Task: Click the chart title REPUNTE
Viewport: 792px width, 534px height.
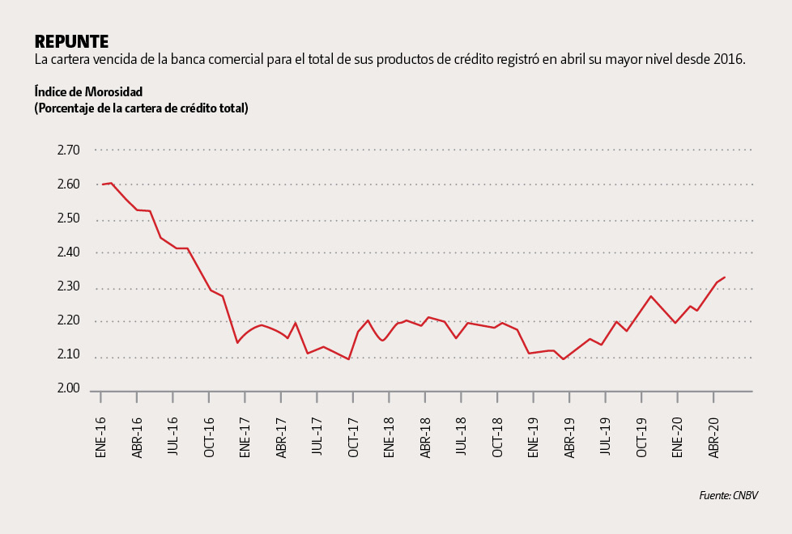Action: pos(71,41)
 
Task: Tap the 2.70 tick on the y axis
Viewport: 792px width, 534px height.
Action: pos(68,150)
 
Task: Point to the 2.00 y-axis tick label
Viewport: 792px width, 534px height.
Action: pos(68,389)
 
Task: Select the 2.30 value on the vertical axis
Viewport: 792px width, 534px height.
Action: pos(68,286)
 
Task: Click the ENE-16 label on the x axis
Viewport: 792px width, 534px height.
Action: pos(101,438)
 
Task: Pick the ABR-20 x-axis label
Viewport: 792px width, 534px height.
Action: pos(713,438)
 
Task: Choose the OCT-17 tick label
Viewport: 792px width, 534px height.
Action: pos(353,438)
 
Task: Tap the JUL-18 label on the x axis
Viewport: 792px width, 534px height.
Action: pos(461,438)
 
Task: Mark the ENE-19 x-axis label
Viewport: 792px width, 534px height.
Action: pos(533,438)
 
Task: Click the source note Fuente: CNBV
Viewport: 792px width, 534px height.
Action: pos(729,495)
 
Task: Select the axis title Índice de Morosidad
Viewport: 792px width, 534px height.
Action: pos(88,91)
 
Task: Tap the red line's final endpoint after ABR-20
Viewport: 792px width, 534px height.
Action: pos(725,278)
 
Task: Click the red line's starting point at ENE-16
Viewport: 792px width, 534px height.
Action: pos(102,184)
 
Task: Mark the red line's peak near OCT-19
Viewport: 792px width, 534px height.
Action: pos(650,296)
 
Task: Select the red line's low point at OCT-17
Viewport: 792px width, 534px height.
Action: pos(349,359)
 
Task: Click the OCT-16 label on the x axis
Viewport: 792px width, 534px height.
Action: pos(209,438)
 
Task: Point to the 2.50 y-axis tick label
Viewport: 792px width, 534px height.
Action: pos(68,218)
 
